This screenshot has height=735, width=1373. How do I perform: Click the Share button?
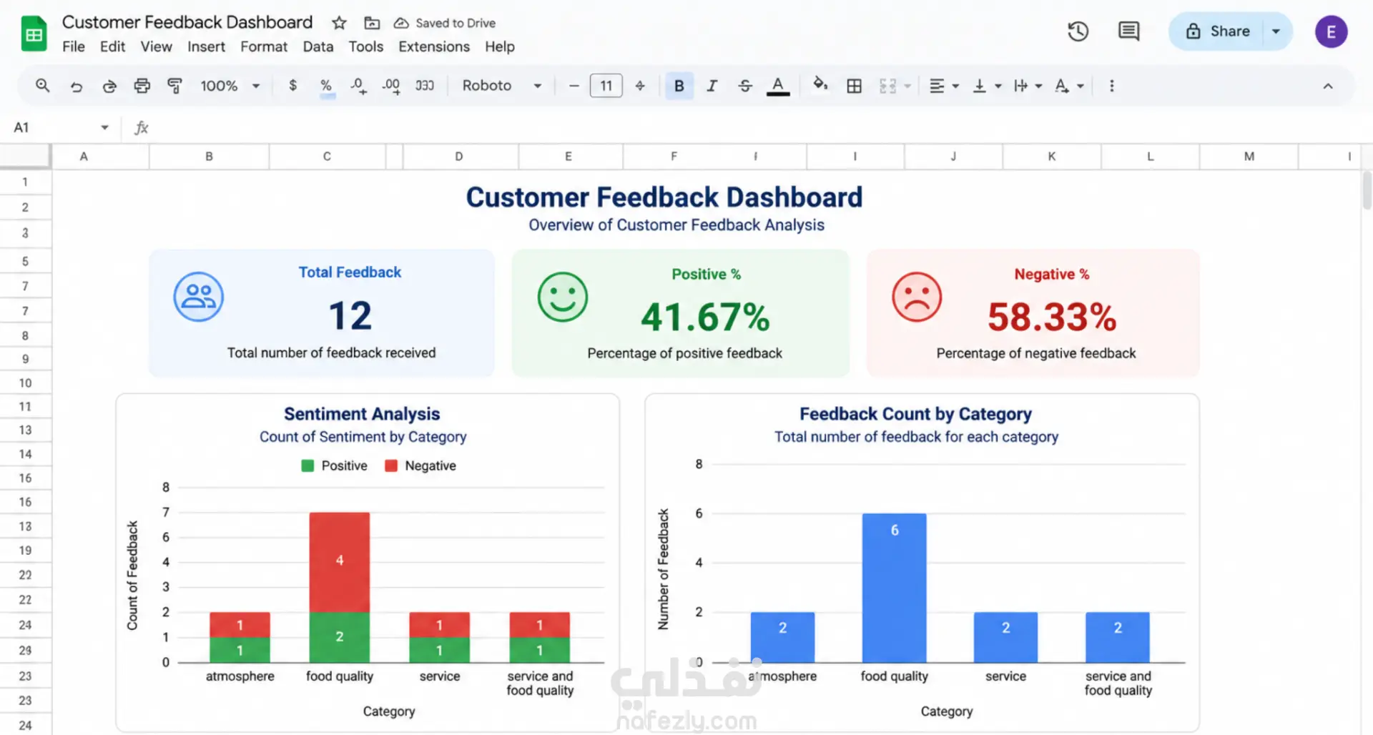[x=1218, y=31]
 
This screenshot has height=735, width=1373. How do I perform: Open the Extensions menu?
[x=434, y=46]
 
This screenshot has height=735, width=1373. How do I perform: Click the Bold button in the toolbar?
[x=679, y=86]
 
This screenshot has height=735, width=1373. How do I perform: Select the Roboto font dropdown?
[x=501, y=86]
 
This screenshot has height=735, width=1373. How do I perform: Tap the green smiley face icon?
[x=563, y=297]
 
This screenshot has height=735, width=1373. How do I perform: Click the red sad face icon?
[x=917, y=297]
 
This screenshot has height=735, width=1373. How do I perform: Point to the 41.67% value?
[x=705, y=317]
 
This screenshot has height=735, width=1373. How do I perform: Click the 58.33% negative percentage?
[x=1052, y=317]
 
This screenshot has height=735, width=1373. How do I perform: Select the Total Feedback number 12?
[x=350, y=315]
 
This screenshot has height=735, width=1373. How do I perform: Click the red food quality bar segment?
[x=340, y=562]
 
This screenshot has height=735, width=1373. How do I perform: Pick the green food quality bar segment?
[x=340, y=637]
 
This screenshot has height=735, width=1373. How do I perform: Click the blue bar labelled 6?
[x=895, y=588]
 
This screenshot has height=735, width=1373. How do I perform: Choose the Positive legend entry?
[x=335, y=465]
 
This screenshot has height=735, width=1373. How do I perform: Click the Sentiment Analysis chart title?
[x=362, y=414]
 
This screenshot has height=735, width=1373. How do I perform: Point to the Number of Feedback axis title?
[x=664, y=569]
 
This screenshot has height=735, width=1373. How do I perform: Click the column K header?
[x=1052, y=157]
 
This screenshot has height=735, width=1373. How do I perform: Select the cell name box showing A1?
[x=61, y=127]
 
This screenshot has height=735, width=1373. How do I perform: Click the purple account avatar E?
[x=1331, y=31]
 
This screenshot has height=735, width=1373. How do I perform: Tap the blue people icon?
[x=199, y=297]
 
